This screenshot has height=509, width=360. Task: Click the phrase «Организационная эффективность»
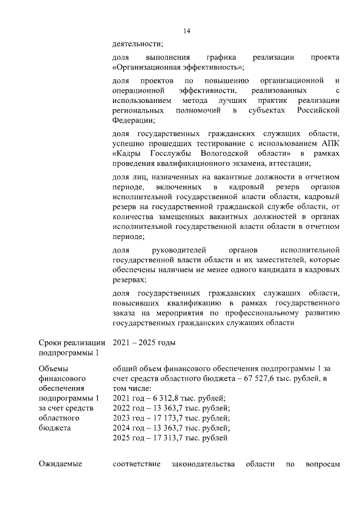(x=178, y=67)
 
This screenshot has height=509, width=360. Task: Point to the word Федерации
(x=132, y=120)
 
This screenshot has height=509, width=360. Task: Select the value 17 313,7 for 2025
(x=165, y=438)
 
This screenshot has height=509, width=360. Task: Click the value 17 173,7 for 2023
(x=165, y=418)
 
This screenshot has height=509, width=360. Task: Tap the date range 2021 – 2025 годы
(x=144, y=343)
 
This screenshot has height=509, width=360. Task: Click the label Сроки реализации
(x=72, y=343)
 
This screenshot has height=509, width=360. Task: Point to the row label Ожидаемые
(x=60, y=464)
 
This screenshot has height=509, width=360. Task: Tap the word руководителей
(x=184, y=249)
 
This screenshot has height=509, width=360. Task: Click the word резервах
(x=130, y=279)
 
